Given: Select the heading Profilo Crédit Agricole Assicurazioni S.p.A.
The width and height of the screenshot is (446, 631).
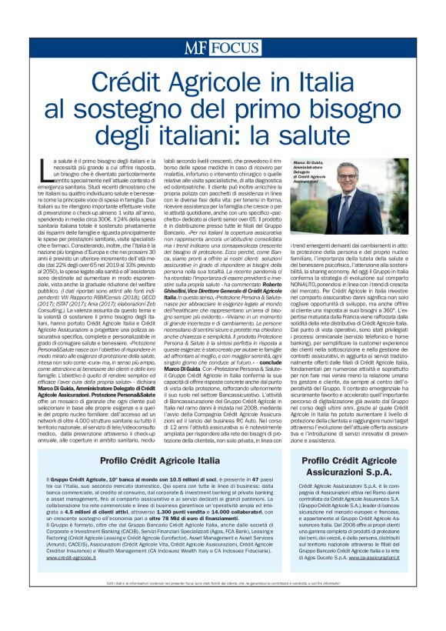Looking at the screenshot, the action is click(x=353, y=465).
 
